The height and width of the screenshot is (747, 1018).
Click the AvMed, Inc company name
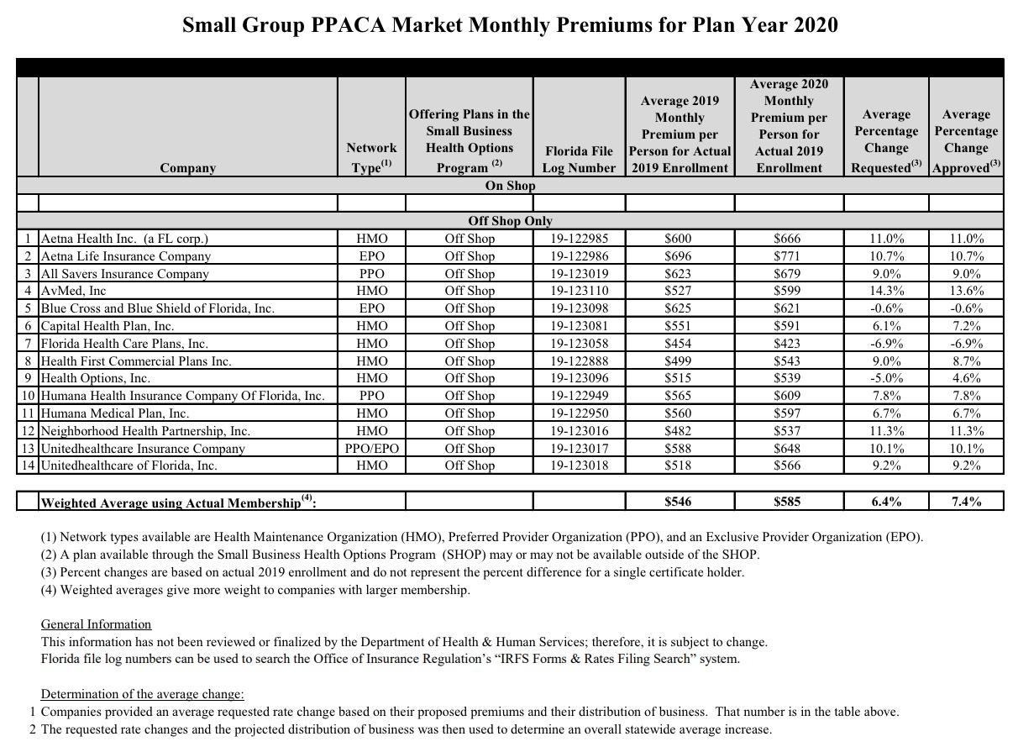(74, 291)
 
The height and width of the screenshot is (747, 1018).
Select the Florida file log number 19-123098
(579, 308)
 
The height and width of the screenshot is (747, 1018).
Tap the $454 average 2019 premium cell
(679, 344)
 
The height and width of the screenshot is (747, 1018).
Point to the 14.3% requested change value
(886, 291)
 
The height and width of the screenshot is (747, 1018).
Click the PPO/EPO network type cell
(371, 448)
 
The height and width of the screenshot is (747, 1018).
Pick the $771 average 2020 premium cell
(788, 256)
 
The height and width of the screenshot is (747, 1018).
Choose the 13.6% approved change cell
(966, 291)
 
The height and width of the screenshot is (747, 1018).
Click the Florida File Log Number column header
(579, 159)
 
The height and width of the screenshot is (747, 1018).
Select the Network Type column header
(371, 157)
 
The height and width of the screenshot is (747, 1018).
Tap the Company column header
(187, 167)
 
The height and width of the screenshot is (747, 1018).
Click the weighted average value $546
(679, 502)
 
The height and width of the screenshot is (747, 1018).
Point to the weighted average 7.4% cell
(966, 502)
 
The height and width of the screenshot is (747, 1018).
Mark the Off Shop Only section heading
(510, 220)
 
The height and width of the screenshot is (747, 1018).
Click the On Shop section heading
(510, 185)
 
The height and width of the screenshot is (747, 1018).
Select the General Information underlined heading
(96, 624)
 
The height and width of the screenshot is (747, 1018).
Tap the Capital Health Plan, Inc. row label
(108, 326)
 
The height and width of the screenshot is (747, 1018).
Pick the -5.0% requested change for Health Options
(886, 378)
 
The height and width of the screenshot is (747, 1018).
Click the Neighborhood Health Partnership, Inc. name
(145, 431)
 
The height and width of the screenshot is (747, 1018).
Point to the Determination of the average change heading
(142, 694)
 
